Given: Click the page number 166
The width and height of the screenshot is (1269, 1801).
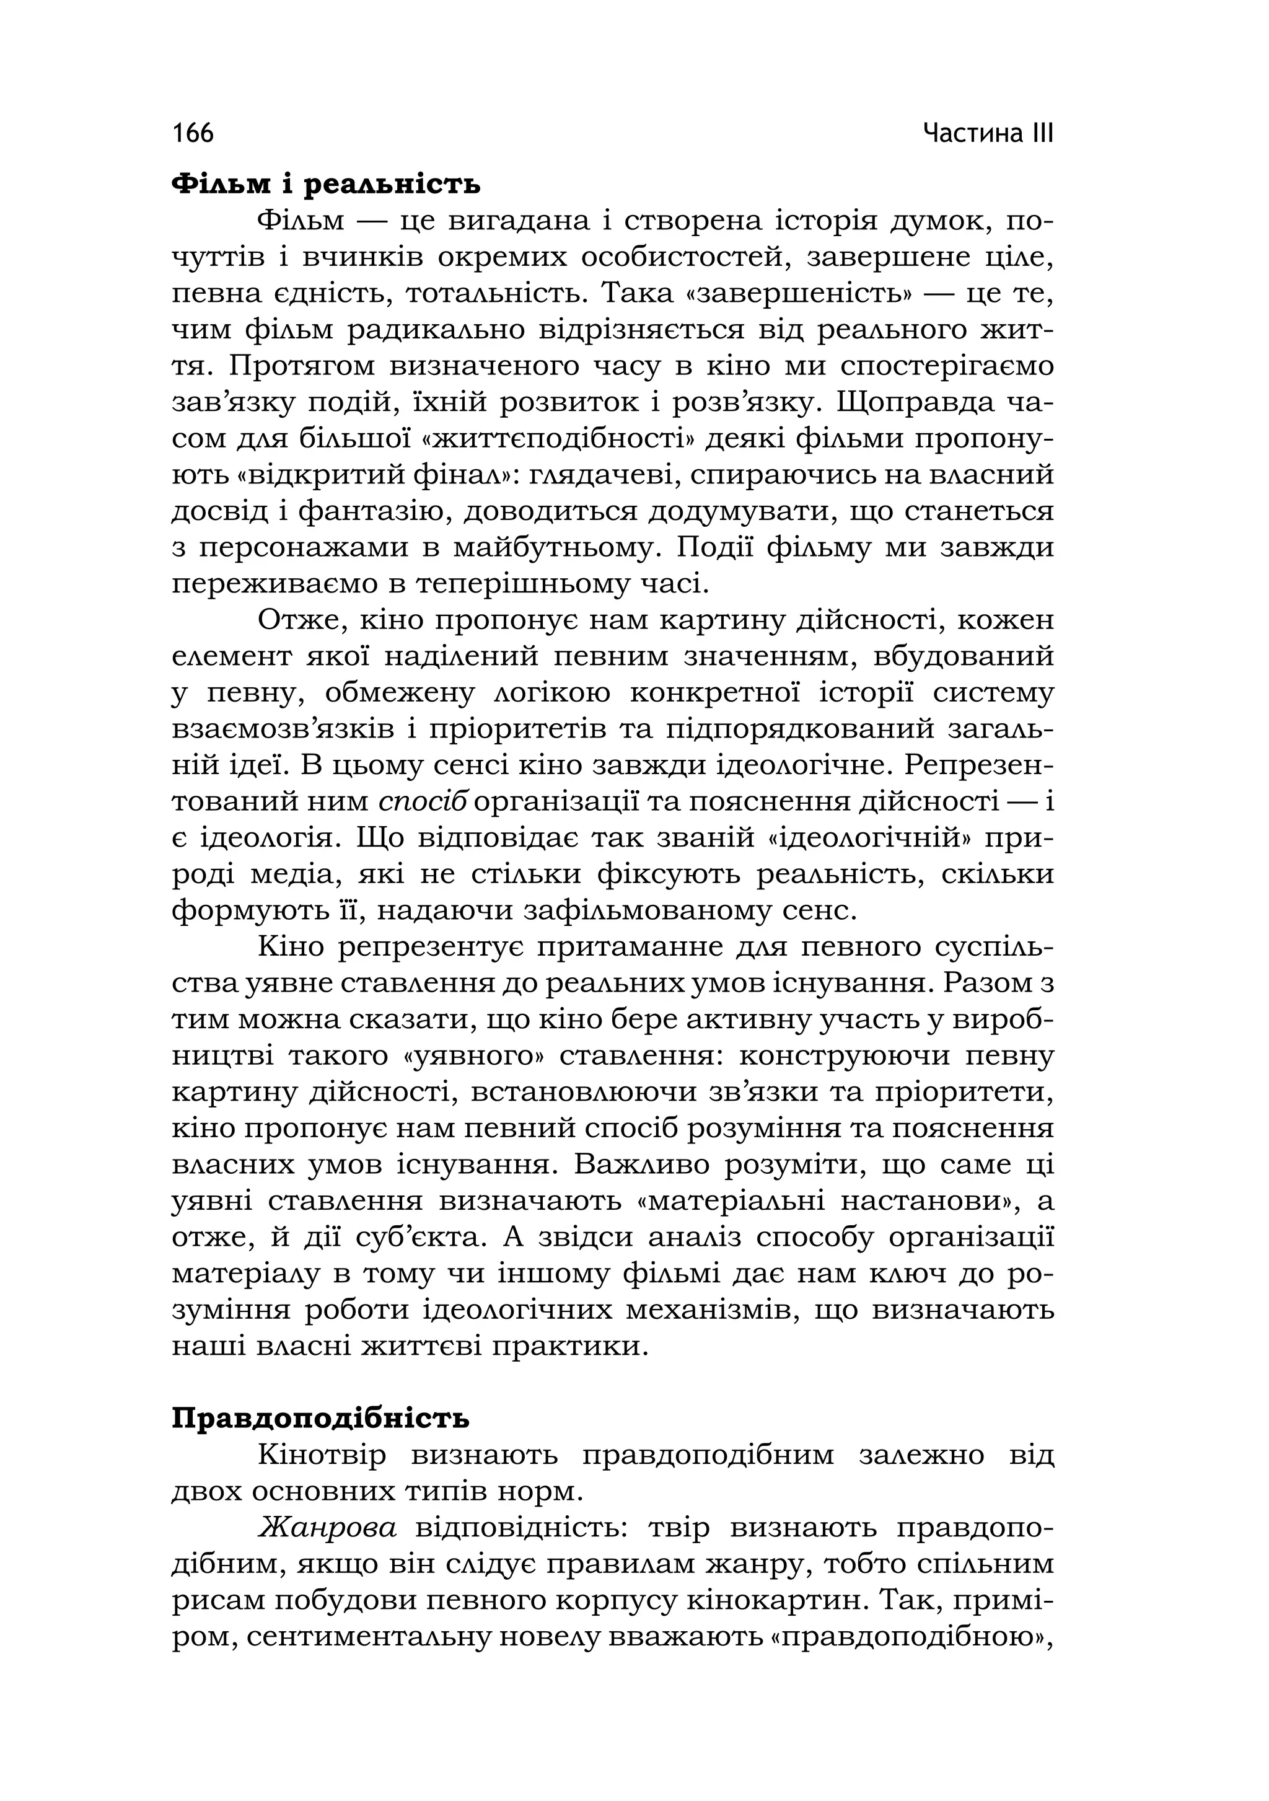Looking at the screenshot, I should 193,133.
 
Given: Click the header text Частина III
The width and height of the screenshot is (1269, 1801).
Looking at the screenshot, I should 988,133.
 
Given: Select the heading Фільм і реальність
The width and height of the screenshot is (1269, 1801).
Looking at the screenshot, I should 325,185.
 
